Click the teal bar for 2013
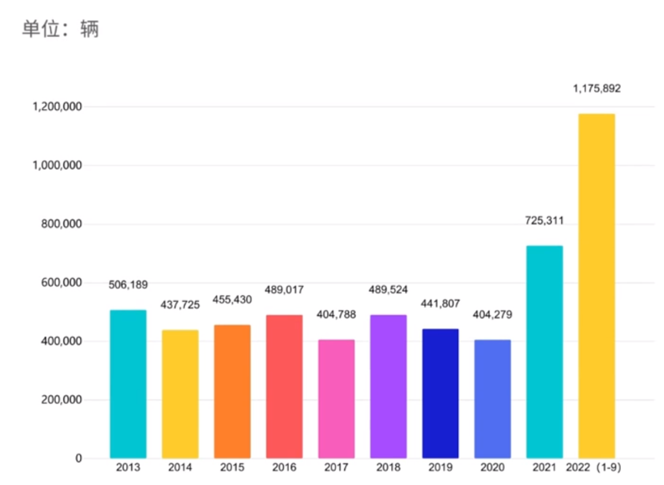click(x=128, y=384)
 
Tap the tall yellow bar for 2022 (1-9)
click(x=596, y=286)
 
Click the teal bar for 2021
click(x=544, y=352)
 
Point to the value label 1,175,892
click(x=596, y=89)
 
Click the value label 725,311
click(x=544, y=221)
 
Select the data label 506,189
click(x=128, y=284)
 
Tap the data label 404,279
click(x=492, y=315)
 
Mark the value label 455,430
click(x=232, y=300)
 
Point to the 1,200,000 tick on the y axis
click(x=57, y=107)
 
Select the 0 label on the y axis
click(x=79, y=459)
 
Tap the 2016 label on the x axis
click(x=284, y=468)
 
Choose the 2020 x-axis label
click(x=492, y=468)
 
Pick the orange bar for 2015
click(x=232, y=391)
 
